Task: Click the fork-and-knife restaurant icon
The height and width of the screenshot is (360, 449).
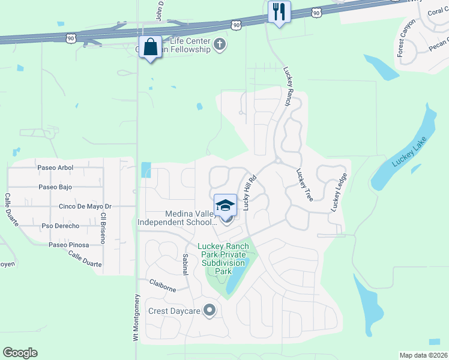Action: pos(279,12)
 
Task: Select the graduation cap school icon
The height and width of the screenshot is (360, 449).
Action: pos(225,204)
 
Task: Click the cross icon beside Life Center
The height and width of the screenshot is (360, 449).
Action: pos(220,44)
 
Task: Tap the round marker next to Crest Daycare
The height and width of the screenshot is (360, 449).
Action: pos(209,310)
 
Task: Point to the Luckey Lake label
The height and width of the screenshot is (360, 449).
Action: pos(408,154)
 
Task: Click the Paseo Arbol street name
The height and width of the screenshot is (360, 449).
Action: pos(55,167)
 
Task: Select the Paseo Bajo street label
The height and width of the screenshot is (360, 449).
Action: pos(55,187)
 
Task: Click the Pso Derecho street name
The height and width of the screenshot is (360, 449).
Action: pos(60,226)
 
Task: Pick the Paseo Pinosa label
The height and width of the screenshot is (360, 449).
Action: pos(68,245)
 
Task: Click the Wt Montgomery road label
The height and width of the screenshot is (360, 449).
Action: pos(136,318)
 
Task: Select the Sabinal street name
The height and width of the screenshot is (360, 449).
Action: pos(185,264)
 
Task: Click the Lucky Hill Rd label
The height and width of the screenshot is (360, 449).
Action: pos(249,192)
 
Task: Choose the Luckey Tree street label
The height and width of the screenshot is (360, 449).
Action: pos(304,184)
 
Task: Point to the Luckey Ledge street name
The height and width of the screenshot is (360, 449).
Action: pos(339,192)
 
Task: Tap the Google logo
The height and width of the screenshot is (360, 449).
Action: pos(20,353)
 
